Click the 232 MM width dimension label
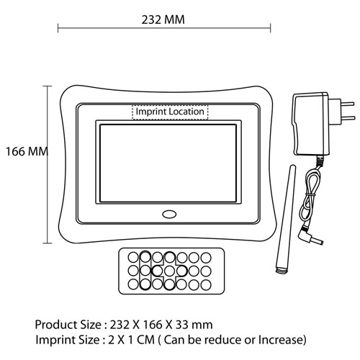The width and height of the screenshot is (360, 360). pyautogui.click(x=163, y=19)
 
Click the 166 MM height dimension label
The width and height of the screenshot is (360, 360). pyautogui.click(x=27, y=152)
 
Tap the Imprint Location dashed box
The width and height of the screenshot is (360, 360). pyautogui.click(x=170, y=112)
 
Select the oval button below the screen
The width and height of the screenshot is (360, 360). pyautogui.click(x=169, y=215)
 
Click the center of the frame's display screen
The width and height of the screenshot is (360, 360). pyautogui.click(x=168, y=163)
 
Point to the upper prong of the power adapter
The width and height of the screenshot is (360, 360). pyautogui.click(x=347, y=104)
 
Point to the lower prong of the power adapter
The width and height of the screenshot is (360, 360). pyautogui.click(x=347, y=118)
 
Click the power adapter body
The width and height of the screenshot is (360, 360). pyautogui.click(x=311, y=124)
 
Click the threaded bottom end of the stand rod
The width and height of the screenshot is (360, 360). pyautogui.click(x=282, y=270)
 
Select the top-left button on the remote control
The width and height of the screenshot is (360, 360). pyautogui.click(x=133, y=258)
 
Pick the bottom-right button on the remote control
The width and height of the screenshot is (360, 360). pyautogui.click(x=206, y=285)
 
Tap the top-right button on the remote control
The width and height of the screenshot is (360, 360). pyautogui.click(x=206, y=258)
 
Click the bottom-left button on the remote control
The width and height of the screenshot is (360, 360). pyautogui.click(x=133, y=285)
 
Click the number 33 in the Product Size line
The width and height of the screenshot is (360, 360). pyautogui.click(x=182, y=325)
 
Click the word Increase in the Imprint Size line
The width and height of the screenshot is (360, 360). pyautogui.click(x=282, y=340)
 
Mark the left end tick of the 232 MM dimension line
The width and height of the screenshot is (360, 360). pyautogui.click(x=58, y=28)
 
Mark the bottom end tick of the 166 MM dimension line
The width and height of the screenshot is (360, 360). pyautogui.click(x=47, y=243)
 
